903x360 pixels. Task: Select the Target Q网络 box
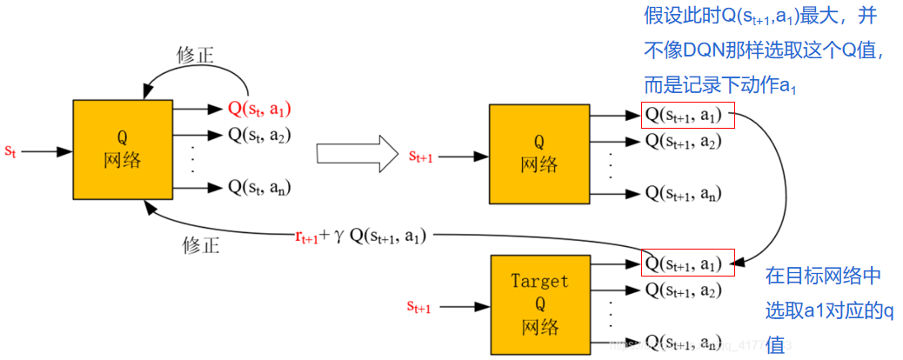[539, 303]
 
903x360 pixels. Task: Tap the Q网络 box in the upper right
[539, 153]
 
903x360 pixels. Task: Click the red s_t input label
[10, 151]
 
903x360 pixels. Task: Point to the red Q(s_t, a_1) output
[259, 110]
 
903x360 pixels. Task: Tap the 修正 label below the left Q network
[201, 244]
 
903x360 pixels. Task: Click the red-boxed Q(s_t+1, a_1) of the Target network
[687, 263]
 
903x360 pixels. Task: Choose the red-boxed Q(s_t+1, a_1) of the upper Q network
[687, 116]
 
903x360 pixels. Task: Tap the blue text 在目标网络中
[823, 277]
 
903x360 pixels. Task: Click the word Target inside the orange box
[539, 281]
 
